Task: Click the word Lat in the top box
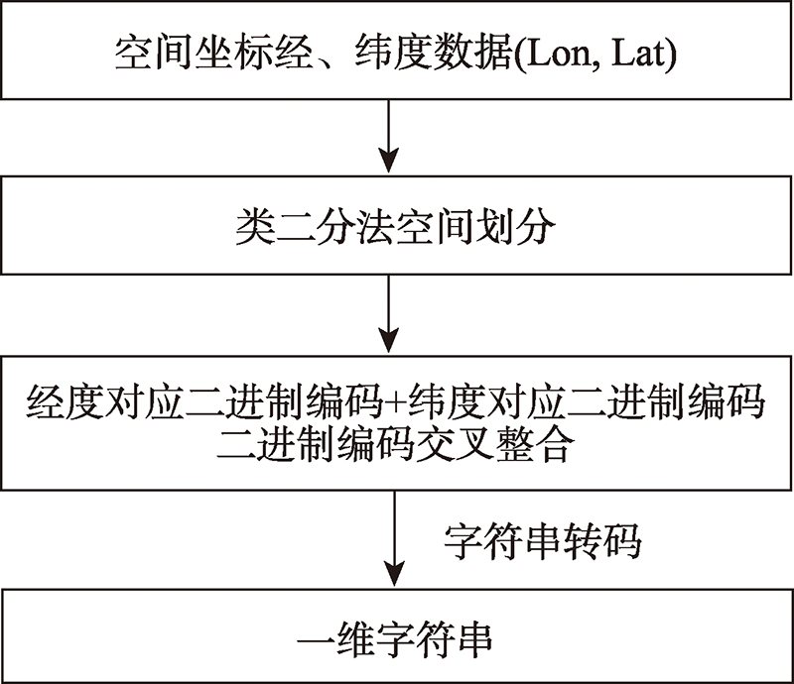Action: pos(637,54)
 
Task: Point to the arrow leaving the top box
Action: pos(388,136)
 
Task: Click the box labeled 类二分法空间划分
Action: pos(396,225)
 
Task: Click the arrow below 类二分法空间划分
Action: pos(388,313)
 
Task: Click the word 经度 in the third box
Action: pos(65,402)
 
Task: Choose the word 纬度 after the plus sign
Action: pos(448,402)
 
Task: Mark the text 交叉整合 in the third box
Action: pos(495,446)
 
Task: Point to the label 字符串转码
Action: pos(543,541)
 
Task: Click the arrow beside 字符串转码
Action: pos(394,538)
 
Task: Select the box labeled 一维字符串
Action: pos(396,635)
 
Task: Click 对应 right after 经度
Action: pos(144,402)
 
